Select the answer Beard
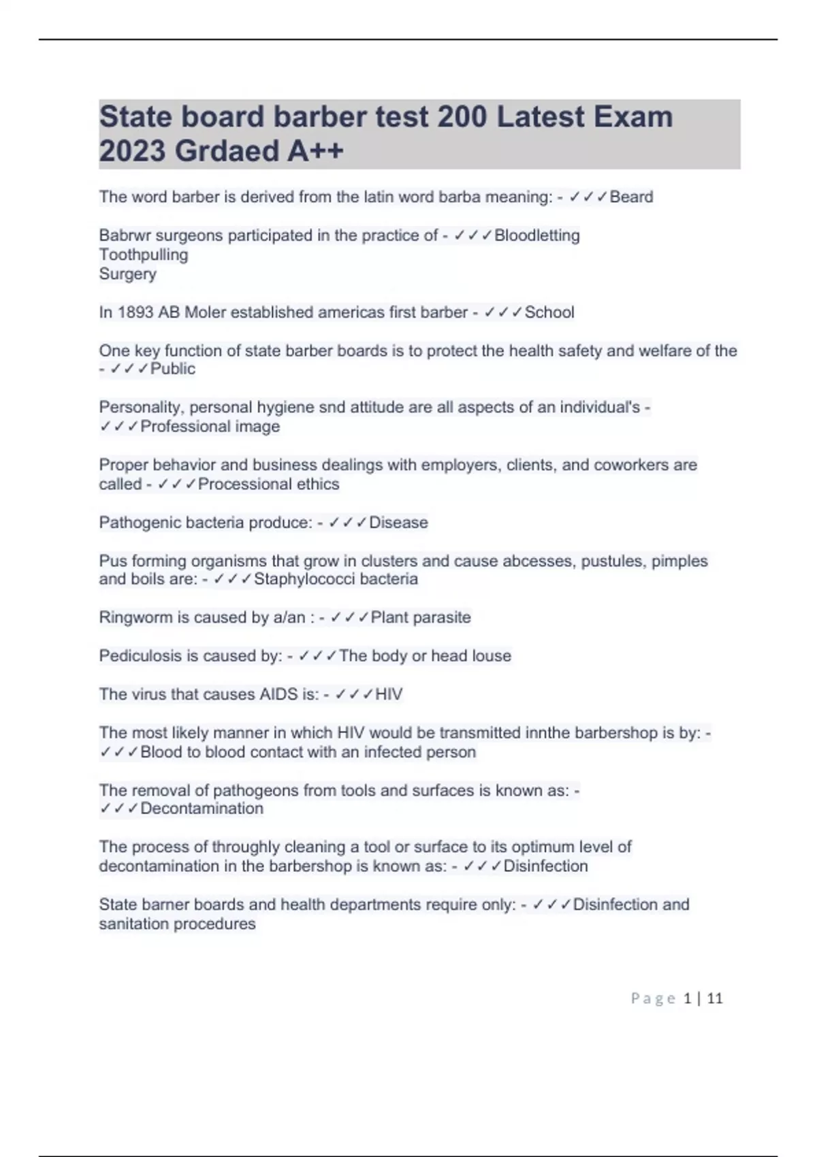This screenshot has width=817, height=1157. pyautogui.click(x=631, y=197)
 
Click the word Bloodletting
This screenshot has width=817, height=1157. pyautogui.click(x=536, y=235)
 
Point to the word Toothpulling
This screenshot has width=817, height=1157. pyautogui.click(x=144, y=255)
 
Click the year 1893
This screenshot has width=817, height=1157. pyautogui.click(x=135, y=312)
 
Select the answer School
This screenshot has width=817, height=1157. pyautogui.click(x=549, y=312)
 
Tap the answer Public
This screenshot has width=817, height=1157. pyautogui.click(x=172, y=369)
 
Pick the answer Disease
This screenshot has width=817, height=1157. pyautogui.click(x=398, y=523)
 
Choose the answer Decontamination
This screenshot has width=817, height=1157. pyautogui.click(x=202, y=809)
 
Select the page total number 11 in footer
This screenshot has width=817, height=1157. pyautogui.click(x=715, y=998)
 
